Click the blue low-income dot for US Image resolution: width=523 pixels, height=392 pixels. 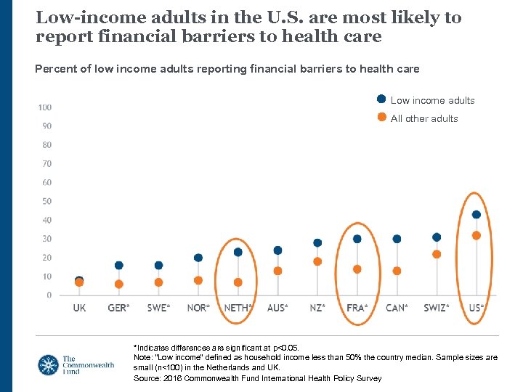tap(477, 214)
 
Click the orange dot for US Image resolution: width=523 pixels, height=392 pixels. tap(477, 235)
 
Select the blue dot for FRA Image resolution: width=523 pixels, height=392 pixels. tap(357, 239)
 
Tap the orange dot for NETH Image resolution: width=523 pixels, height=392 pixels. tap(238, 282)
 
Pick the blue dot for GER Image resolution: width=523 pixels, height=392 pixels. tap(118, 266)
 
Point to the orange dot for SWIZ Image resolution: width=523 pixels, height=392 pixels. tap(437, 254)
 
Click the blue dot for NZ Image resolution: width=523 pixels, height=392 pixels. tap(317, 243)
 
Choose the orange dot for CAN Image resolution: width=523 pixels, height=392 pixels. tap(397, 271)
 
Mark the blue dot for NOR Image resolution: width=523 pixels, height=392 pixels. tap(198, 258)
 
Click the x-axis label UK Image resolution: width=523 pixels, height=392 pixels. tap(79, 308)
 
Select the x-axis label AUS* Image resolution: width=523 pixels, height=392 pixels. tap(277, 308)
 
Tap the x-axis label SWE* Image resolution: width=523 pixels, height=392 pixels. tap(158, 308)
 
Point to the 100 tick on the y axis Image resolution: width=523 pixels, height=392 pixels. tap(44, 107)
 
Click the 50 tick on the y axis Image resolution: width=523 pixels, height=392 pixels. tap(46, 201)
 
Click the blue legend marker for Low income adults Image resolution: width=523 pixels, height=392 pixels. tap(381, 99)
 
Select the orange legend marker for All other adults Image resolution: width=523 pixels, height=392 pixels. tap(381, 118)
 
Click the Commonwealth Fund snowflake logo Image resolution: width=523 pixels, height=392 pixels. tap(49, 364)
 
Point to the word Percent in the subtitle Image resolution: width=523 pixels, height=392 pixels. tap(54, 69)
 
